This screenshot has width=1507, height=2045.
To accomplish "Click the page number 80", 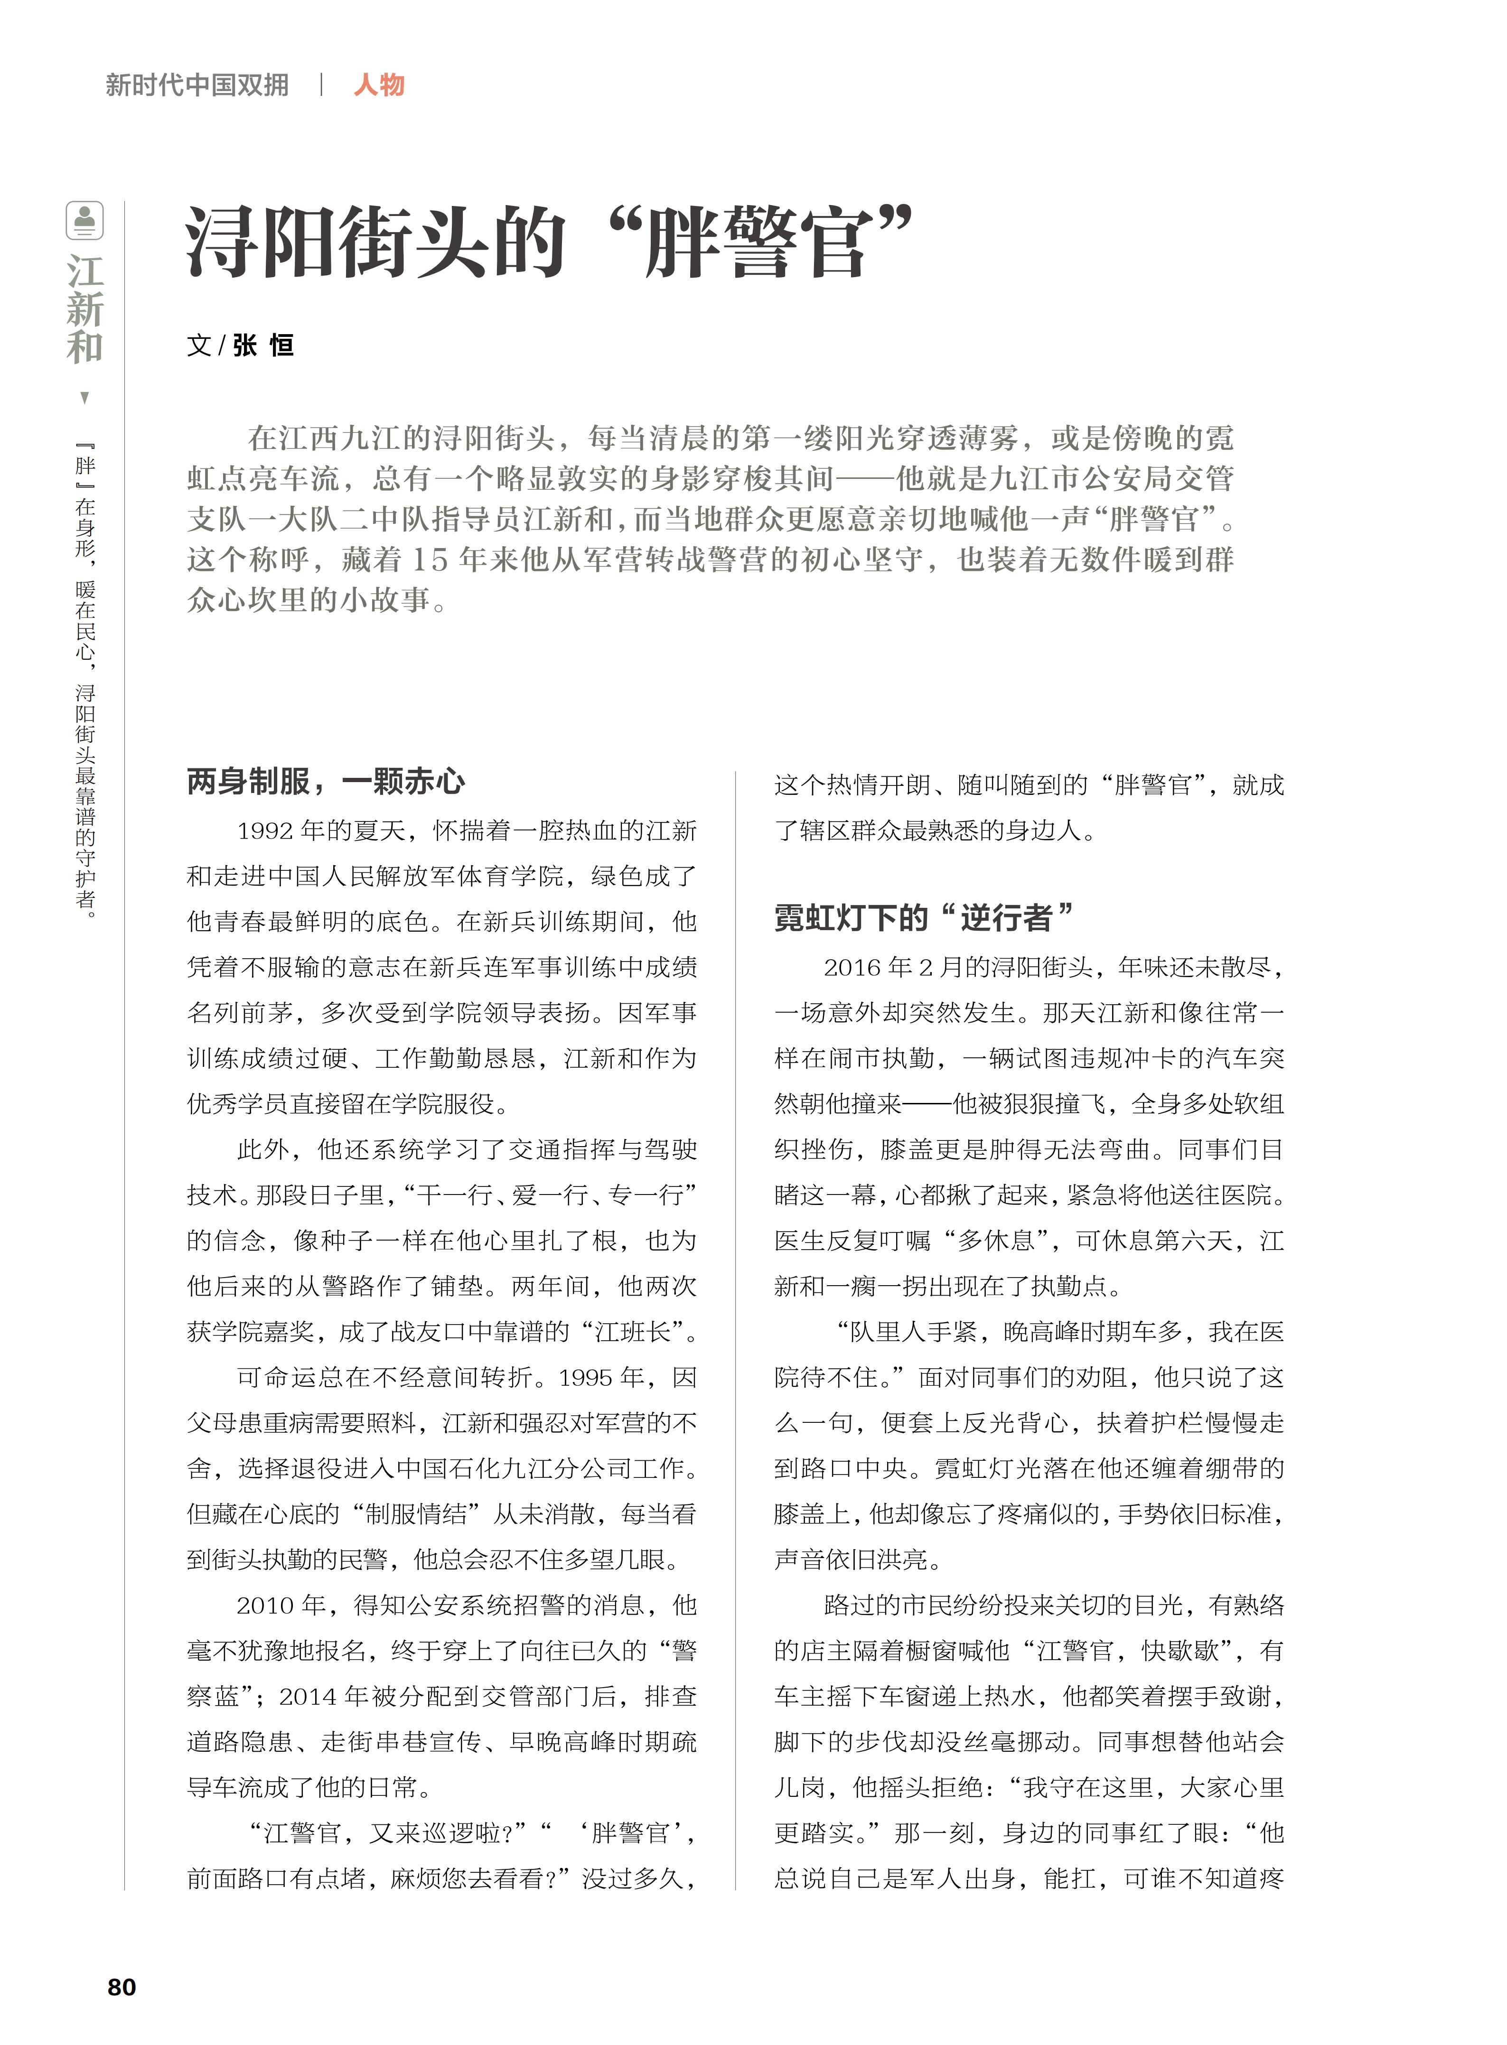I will tap(122, 1987).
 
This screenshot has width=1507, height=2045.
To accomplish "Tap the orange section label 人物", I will tap(379, 85).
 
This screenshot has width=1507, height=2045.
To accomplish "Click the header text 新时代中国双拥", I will tap(197, 85).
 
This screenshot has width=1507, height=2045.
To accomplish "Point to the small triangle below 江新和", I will tap(85, 398).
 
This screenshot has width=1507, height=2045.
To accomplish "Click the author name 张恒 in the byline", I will tap(263, 345).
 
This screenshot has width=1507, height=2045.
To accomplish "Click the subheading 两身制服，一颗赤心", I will tap(326, 782).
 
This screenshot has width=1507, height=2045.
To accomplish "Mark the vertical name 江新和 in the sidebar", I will tap(85, 308).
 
